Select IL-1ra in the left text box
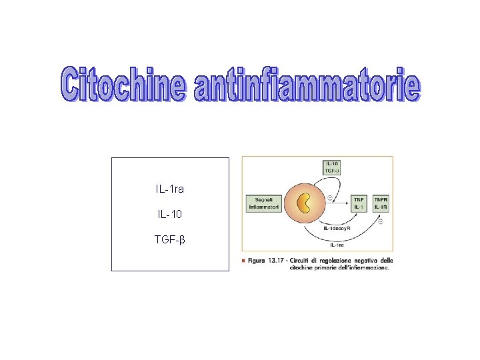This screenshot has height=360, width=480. pos(169,190)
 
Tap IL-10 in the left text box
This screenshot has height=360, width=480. pos(169,215)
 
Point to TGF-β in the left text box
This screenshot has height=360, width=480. pos(169,239)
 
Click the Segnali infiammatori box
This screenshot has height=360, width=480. pos(262,203)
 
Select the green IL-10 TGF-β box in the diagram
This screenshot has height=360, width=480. pos(333,167)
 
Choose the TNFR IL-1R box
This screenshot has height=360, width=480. pos(381,203)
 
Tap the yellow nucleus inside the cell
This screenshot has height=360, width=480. pos(304,203)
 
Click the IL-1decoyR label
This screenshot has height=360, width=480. pos(337,229)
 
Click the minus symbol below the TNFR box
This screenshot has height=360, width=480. pos(380,221)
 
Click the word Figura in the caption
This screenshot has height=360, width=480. pos(259,260)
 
